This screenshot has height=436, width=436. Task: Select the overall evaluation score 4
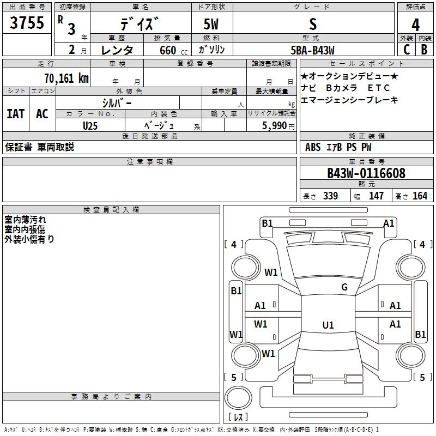coord(415,25)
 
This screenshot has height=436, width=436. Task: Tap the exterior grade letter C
coord(406,50)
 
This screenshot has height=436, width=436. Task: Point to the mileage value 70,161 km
coord(64,78)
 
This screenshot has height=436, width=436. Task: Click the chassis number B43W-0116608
coord(366,173)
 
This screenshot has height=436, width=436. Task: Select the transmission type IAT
coord(15,114)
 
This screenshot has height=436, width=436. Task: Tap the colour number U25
coord(90,125)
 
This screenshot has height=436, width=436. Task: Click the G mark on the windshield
coord(344,287)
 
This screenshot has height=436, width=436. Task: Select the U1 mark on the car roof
coord(328,325)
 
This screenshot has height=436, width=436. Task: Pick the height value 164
coord(420,196)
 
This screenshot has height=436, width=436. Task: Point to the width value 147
coord(376,196)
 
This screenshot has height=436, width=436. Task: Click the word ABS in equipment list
coord(313,147)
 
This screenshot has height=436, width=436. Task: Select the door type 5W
coord(211,25)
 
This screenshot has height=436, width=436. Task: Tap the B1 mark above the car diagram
coord(267,223)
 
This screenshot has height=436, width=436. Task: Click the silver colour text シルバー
coord(117,102)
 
